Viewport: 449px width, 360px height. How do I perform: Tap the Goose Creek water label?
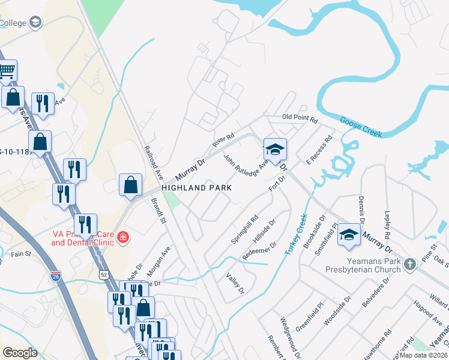361,127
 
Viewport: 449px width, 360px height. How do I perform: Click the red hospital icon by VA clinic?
123,238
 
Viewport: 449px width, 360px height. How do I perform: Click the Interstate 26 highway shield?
55,277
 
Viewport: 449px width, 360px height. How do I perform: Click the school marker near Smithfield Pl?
348,235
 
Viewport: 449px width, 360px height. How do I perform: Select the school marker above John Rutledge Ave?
275,149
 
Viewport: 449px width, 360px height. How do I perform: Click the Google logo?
20,353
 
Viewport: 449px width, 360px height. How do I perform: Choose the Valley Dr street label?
236,283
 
